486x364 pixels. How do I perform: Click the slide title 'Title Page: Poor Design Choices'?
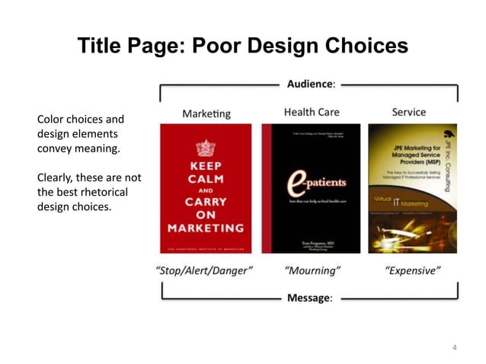coord(242,46)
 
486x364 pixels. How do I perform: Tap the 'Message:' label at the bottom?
coord(309,297)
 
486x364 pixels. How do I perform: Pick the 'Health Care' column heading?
coord(311,112)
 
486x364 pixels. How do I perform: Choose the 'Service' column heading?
coord(408,112)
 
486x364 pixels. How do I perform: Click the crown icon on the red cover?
coord(206,148)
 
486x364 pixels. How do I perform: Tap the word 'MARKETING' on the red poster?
coord(206,228)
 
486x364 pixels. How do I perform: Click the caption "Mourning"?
coord(312,270)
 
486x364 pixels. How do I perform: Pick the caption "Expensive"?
coord(412,270)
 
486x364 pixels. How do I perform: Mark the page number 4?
coord(454,348)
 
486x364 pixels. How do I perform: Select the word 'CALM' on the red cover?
coord(206,179)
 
